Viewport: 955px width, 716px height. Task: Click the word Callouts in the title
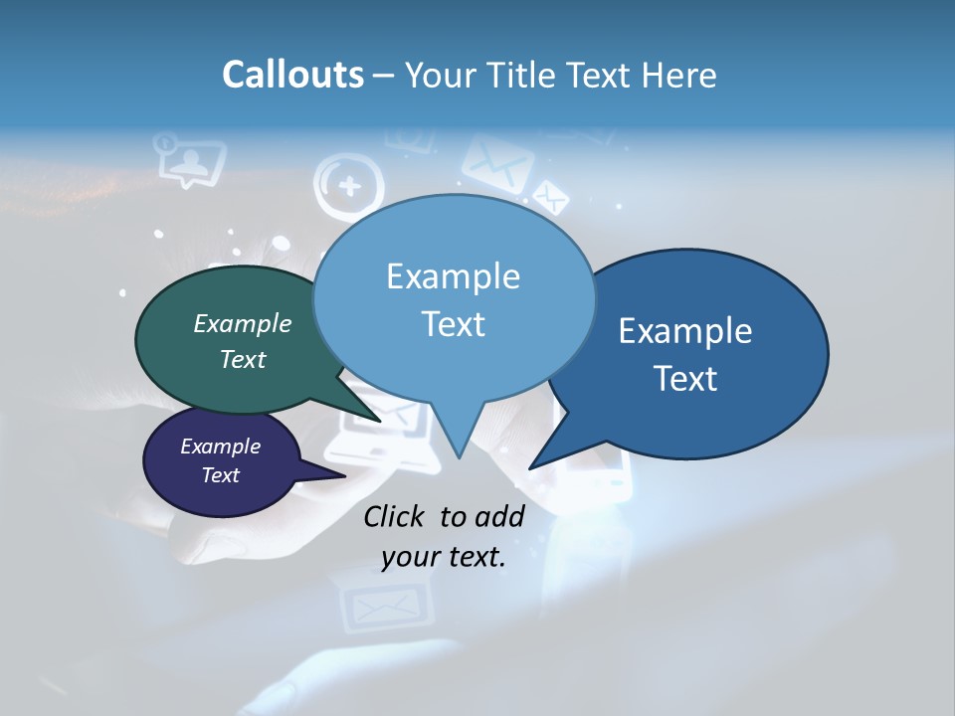(x=292, y=76)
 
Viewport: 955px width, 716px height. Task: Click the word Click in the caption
(x=394, y=516)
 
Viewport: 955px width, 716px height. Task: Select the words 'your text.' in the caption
(x=444, y=557)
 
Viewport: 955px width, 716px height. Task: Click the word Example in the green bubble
(x=243, y=323)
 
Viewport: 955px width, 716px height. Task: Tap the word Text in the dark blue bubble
(x=686, y=378)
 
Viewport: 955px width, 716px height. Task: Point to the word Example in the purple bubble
(x=220, y=447)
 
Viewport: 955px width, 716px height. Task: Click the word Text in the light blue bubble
(x=453, y=324)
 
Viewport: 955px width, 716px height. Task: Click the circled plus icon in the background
(x=349, y=185)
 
